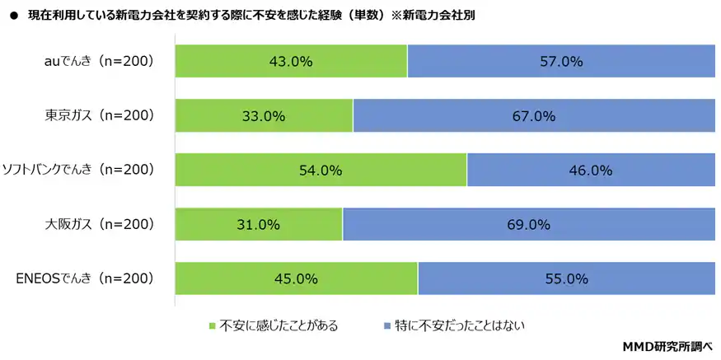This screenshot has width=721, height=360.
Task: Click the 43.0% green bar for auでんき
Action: click(x=292, y=62)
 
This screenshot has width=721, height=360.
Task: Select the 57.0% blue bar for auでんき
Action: click(x=561, y=62)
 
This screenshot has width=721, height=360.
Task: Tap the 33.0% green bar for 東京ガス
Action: click(x=265, y=116)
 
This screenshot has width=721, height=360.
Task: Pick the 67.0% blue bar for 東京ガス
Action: click(x=534, y=116)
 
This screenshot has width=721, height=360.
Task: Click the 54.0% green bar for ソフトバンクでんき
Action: click(x=321, y=171)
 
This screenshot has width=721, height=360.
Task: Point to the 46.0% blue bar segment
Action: click(x=591, y=171)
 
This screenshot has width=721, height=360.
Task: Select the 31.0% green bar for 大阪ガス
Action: click(x=259, y=224)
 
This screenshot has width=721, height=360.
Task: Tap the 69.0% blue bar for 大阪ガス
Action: click(x=528, y=224)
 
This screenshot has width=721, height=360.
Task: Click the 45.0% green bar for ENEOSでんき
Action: click(x=297, y=278)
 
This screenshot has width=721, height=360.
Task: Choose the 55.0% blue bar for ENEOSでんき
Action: click(x=566, y=278)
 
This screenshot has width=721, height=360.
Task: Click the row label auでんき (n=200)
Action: click(x=100, y=62)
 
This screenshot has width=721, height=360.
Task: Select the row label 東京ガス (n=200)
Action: click(x=100, y=116)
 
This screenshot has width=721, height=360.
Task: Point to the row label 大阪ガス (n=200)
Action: click(x=100, y=224)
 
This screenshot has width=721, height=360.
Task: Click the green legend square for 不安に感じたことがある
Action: click(x=213, y=326)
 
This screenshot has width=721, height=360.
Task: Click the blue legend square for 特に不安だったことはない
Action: click(x=386, y=326)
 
